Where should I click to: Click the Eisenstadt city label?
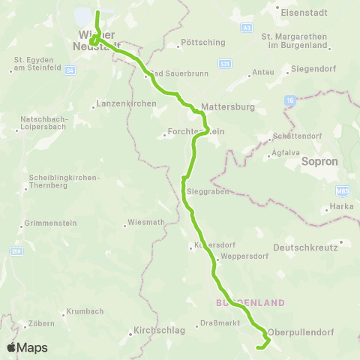pos(300,12)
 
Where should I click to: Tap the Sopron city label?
pos(321,161)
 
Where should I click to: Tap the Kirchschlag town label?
pos(157,330)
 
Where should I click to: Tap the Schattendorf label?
pos(300,136)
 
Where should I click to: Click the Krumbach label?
pos(84,310)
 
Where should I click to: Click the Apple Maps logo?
pos(27,347)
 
